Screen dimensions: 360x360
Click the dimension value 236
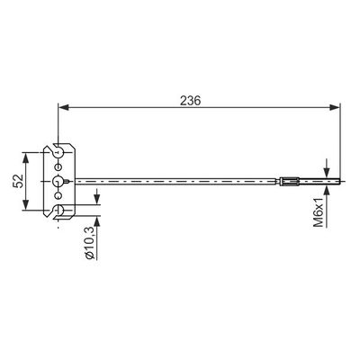pyautogui.click(x=190, y=101)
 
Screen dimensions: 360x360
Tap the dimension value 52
pyautogui.click(x=18, y=181)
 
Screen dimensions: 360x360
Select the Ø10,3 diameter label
pyautogui.click(x=90, y=243)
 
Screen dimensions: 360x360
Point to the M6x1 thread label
pyautogui.click(x=319, y=212)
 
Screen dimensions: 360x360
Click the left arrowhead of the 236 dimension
pyautogui.click(x=63, y=107)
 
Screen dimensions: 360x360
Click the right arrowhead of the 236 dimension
pyautogui.click(x=335, y=107)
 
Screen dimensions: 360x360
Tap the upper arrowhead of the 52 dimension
pyautogui.click(x=26, y=157)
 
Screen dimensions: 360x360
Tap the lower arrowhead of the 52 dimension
pyautogui.click(x=26, y=204)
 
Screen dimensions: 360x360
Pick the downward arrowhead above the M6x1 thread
pyautogui.click(x=327, y=172)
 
